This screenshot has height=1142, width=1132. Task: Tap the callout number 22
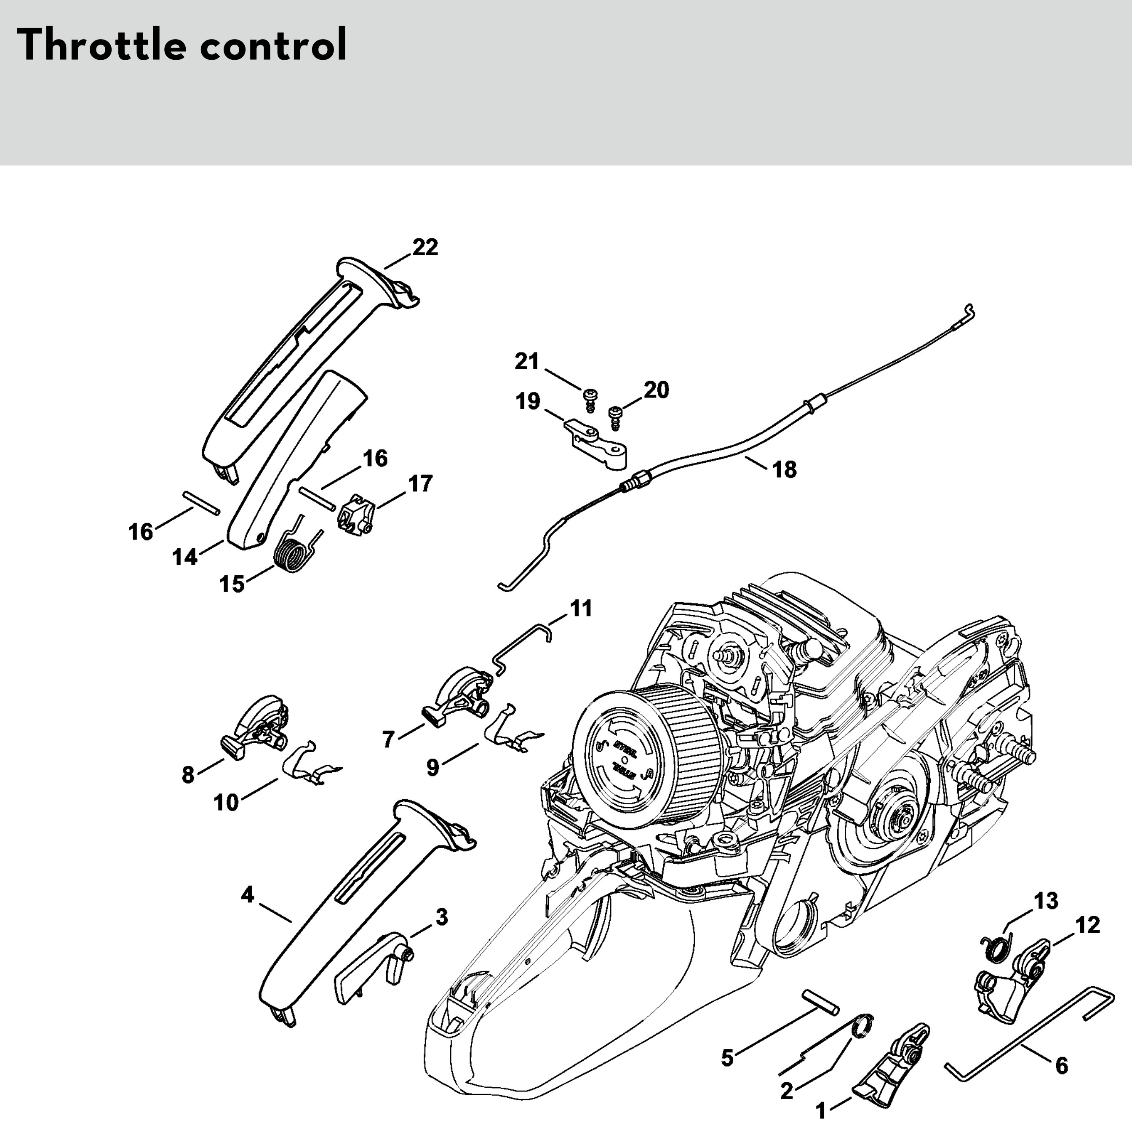[x=425, y=247]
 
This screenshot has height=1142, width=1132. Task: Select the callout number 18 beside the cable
[x=785, y=470]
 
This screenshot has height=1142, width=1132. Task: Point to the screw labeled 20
[x=615, y=417]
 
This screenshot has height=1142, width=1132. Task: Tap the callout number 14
[x=184, y=557]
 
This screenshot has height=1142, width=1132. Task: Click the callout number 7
[x=388, y=739]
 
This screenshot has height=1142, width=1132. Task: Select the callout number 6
[x=1062, y=1066]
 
